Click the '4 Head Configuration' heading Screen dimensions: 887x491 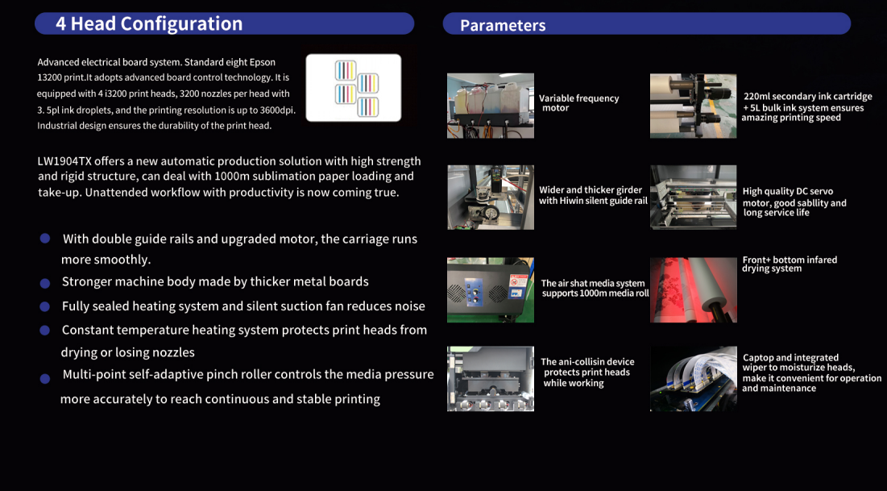[149, 24]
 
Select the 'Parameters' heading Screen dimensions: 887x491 [503, 26]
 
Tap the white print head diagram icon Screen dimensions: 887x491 [354, 88]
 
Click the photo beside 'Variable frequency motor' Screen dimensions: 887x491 [491, 106]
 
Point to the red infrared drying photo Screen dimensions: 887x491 [694, 290]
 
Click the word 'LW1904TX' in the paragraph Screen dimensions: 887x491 [64, 161]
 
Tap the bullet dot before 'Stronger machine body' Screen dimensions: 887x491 [44, 283]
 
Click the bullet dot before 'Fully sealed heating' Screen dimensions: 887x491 [44, 307]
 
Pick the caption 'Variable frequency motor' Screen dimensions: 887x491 [578, 103]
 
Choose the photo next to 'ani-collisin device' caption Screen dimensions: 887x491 [491, 378]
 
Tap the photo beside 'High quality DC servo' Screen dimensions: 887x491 [694, 197]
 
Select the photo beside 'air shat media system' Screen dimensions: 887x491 [491, 290]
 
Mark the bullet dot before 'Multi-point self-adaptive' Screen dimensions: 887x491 [44, 379]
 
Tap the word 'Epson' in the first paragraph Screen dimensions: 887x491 [263, 62]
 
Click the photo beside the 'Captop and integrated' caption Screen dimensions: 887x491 [694, 378]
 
